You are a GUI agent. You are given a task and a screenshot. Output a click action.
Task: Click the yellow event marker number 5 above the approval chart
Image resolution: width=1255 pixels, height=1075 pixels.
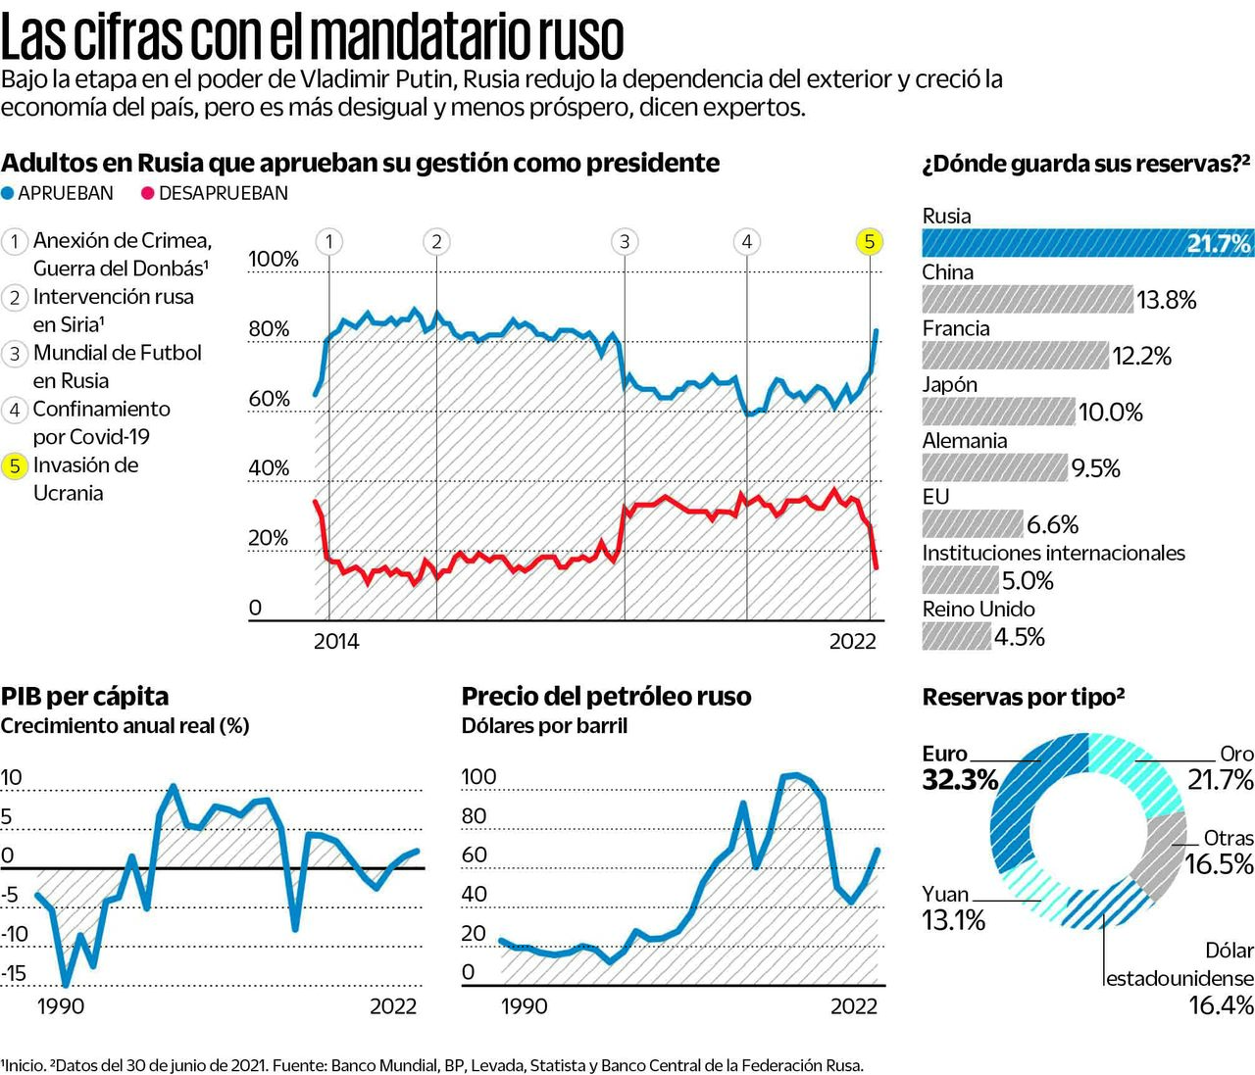[x=869, y=241]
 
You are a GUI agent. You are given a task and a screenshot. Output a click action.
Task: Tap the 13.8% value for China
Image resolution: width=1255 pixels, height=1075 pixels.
[x=1166, y=300]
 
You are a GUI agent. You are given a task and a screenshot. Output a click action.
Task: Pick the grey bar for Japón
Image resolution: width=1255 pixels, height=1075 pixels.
[x=998, y=412]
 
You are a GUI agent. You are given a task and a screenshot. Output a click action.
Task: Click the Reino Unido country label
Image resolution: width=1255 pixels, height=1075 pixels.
[x=978, y=610]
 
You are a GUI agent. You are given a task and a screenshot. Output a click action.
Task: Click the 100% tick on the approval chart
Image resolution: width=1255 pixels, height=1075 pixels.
[x=273, y=259]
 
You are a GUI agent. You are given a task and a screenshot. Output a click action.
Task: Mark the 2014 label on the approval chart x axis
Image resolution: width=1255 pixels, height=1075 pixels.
[x=336, y=642]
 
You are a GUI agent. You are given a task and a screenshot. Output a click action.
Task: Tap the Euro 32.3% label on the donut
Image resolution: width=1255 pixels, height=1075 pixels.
[x=959, y=767]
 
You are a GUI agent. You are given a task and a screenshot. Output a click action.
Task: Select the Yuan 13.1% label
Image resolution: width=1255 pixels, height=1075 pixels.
[x=953, y=907]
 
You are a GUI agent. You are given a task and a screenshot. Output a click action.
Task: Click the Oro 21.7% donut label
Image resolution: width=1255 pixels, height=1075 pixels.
[x=1221, y=767]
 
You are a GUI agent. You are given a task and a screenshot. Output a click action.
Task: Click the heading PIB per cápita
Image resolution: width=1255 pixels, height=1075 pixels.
[x=84, y=697]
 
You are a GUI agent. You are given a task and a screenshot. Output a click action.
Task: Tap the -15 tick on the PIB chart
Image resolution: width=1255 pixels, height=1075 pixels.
[x=14, y=973]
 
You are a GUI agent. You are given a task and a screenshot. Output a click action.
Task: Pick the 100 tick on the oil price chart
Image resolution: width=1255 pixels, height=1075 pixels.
[x=478, y=777]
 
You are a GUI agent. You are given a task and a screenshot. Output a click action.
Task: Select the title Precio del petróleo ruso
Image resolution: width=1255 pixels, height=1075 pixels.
[x=606, y=697]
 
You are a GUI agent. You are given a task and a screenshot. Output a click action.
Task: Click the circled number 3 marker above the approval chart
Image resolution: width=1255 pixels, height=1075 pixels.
[x=624, y=241]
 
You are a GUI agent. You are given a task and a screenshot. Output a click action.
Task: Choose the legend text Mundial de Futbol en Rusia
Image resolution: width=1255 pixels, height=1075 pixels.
[x=117, y=366]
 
